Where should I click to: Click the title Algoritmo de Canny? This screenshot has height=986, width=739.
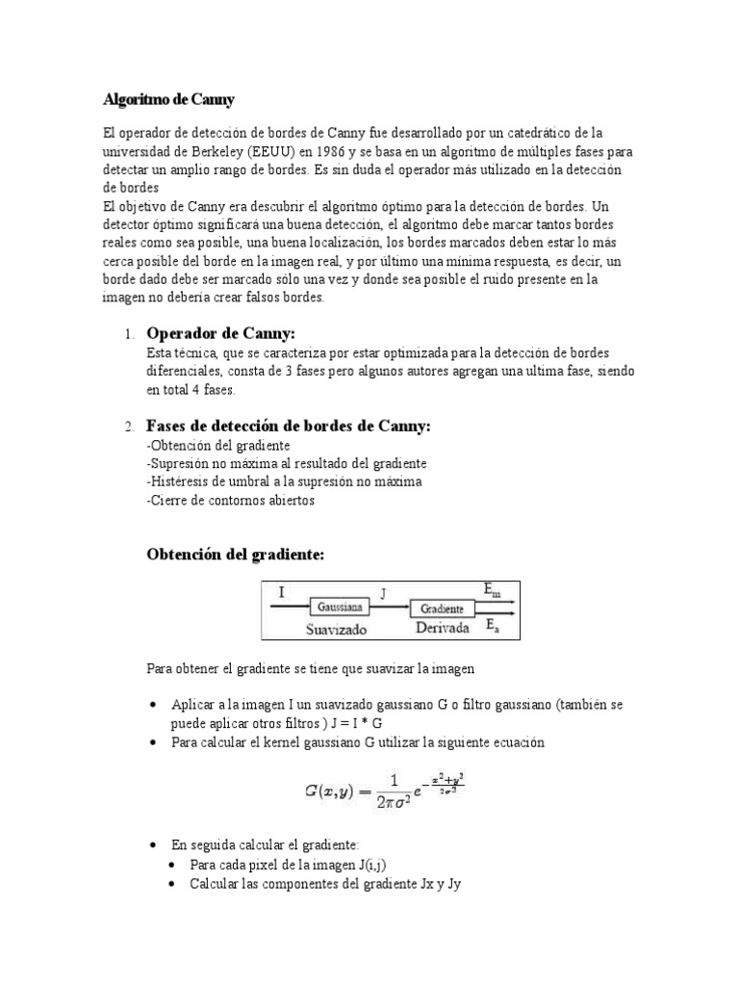[168, 99]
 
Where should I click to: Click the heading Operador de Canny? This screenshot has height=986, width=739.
[219, 333]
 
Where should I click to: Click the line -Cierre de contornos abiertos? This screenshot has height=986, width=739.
[230, 501]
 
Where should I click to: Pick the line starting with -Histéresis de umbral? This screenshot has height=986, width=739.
[284, 482]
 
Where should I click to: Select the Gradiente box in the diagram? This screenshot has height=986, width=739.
[441, 609]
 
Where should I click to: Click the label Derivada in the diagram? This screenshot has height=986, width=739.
[442, 628]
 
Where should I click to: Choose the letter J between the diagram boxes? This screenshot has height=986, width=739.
[383, 594]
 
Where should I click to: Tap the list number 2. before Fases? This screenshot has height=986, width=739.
[129, 427]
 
